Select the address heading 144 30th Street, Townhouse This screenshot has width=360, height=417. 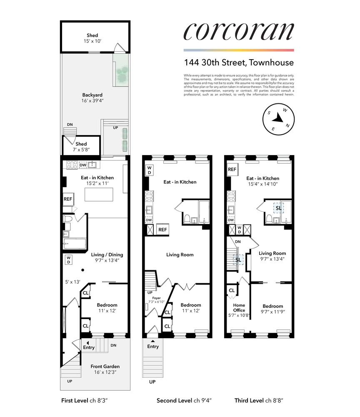pos(239,63)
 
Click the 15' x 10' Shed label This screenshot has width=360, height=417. pos(92,38)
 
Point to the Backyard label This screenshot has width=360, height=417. pos(92,98)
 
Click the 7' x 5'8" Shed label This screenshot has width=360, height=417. pos(81,147)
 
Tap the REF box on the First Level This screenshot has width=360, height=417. pos(68,199)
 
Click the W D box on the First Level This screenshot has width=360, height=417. pos(68,260)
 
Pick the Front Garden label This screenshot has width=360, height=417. pos(105,369)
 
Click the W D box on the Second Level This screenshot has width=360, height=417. pos(150,170)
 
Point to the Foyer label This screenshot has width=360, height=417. pos(156,299)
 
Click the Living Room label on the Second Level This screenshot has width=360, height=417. pos(180,255)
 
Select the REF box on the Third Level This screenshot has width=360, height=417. pos(232,170)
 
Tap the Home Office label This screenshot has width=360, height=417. pos(238,307)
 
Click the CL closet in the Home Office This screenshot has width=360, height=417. pos(231,290)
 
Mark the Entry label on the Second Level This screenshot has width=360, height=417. pos(153,347)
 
